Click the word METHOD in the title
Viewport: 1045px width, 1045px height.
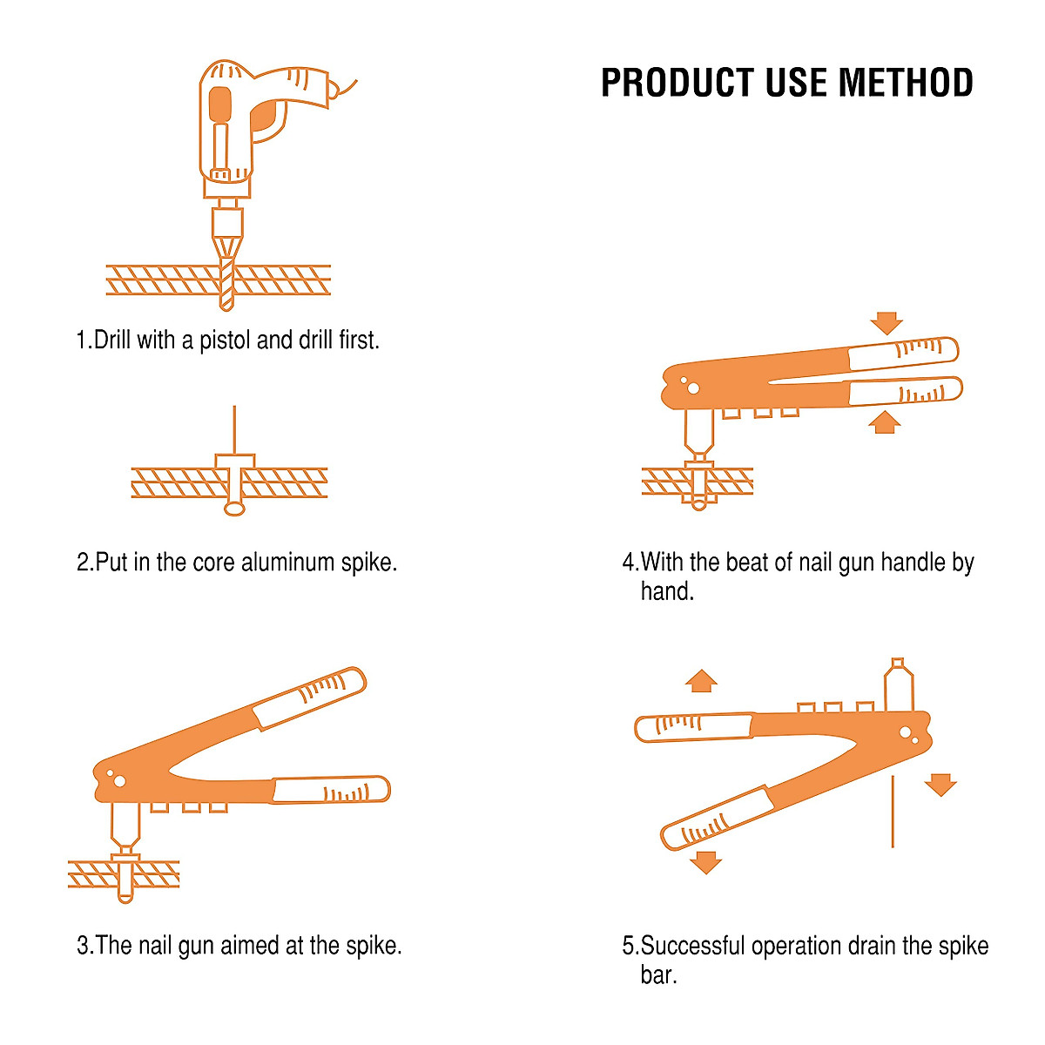pyautogui.click(x=906, y=83)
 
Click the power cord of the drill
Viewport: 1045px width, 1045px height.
pyautogui.click(x=346, y=88)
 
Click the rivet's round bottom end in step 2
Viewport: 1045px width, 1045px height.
pyautogui.click(x=234, y=508)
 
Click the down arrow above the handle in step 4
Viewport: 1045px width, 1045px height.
pyautogui.click(x=887, y=323)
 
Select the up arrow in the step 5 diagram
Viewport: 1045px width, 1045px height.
pyautogui.click(x=701, y=680)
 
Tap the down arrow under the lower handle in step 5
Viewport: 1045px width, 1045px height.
pyautogui.click(x=705, y=862)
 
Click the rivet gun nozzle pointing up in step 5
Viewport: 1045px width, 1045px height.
pyautogui.click(x=898, y=684)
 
